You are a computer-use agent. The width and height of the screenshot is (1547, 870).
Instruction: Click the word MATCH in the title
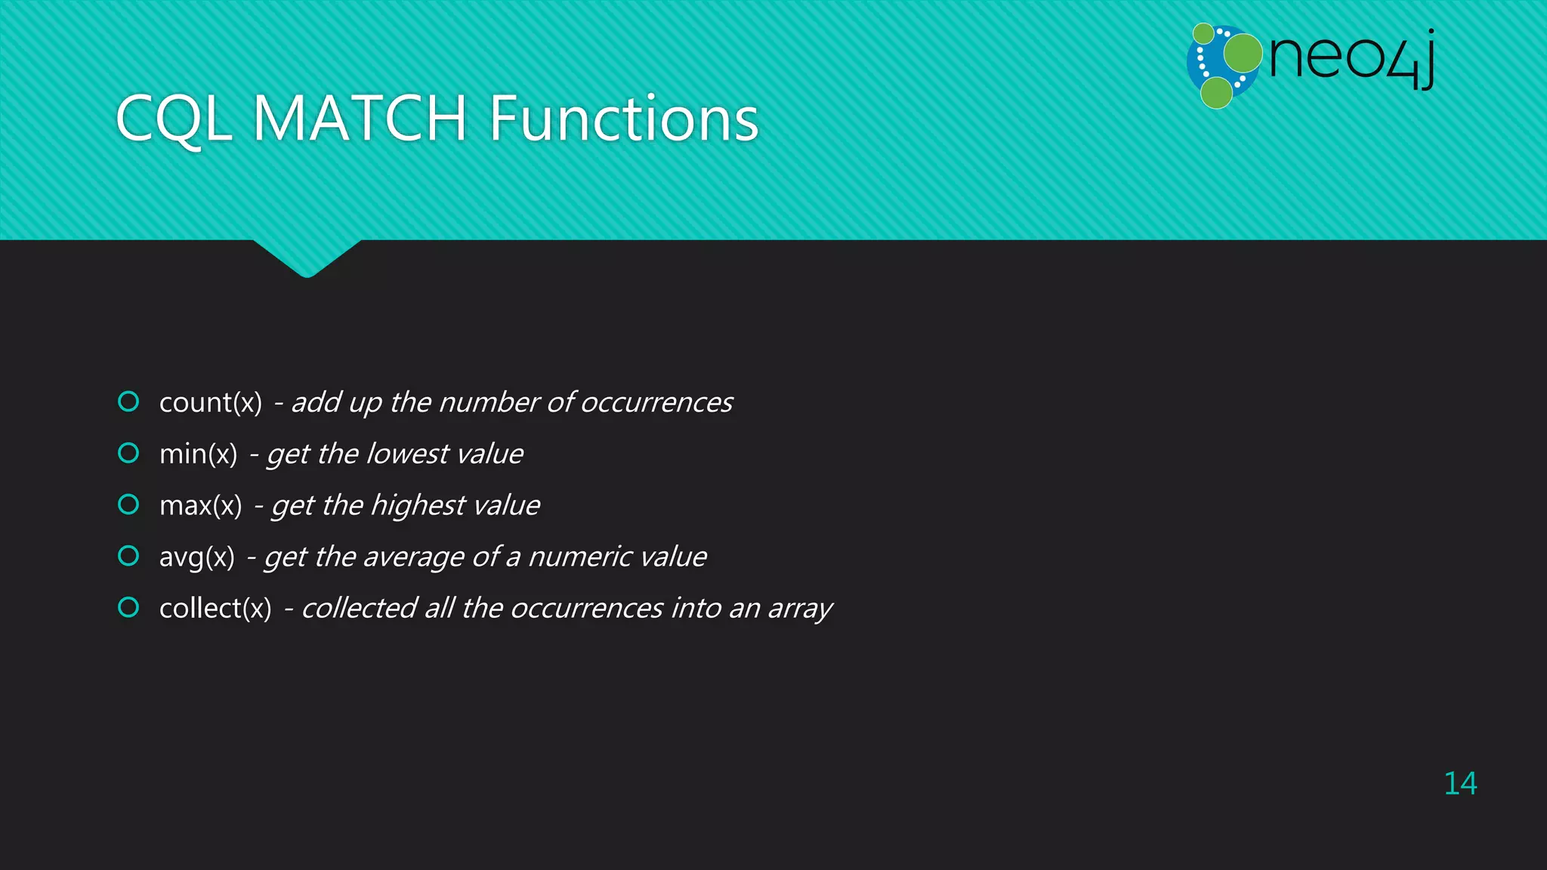click(x=360, y=119)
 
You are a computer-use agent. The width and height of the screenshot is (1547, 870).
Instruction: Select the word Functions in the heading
click(x=623, y=119)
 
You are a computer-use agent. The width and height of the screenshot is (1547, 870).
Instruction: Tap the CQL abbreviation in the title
click(x=174, y=120)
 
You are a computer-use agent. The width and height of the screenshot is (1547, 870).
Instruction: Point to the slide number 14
click(x=1459, y=783)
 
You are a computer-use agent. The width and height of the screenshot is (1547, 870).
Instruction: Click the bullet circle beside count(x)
click(x=128, y=401)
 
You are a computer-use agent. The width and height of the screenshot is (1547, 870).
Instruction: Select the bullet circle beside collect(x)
click(x=128, y=606)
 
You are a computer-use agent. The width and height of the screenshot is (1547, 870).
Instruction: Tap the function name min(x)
click(x=198, y=454)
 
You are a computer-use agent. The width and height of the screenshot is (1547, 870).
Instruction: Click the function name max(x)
click(x=200, y=505)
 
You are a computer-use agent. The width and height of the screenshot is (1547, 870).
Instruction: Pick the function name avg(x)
click(x=196, y=557)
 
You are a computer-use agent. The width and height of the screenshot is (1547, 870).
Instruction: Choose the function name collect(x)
click(x=215, y=608)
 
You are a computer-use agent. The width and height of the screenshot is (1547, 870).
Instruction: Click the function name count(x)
click(x=210, y=403)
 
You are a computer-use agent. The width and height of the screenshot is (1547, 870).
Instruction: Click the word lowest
click(x=407, y=454)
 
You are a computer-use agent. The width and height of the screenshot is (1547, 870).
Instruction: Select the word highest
click(x=418, y=505)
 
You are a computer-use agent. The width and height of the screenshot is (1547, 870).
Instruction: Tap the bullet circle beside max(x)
click(x=128, y=504)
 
